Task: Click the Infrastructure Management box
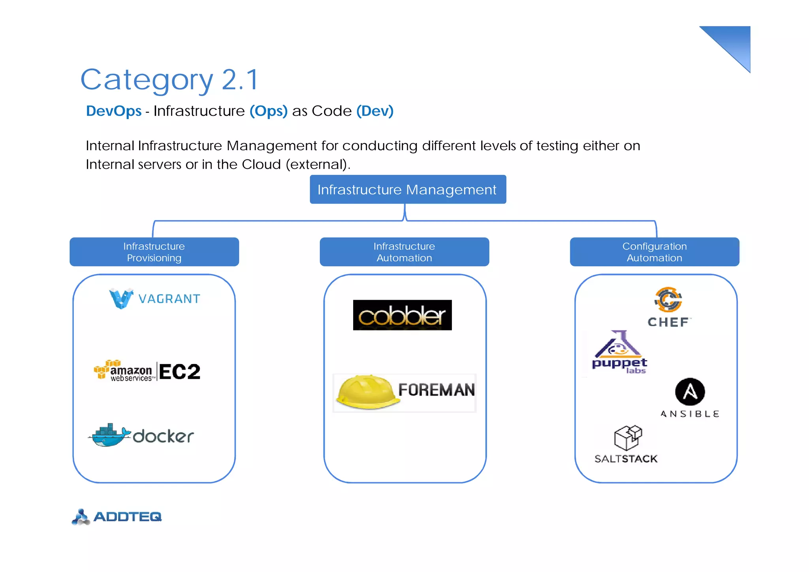point(408,189)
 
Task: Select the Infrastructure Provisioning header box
point(154,252)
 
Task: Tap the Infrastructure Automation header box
point(404,252)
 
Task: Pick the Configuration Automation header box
point(654,252)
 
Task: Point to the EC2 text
point(180,372)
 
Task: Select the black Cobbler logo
point(402,315)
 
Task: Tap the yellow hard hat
point(367,391)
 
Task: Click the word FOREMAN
point(436,390)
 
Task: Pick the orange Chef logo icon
point(668,300)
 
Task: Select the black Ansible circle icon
point(690,392)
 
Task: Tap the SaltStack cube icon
point(628,438)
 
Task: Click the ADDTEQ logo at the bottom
point(117,517)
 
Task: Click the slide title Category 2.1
point(169,80)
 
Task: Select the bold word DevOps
point(114,111)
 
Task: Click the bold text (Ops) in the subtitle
point(269,111)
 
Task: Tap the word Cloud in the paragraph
point(261,164)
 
